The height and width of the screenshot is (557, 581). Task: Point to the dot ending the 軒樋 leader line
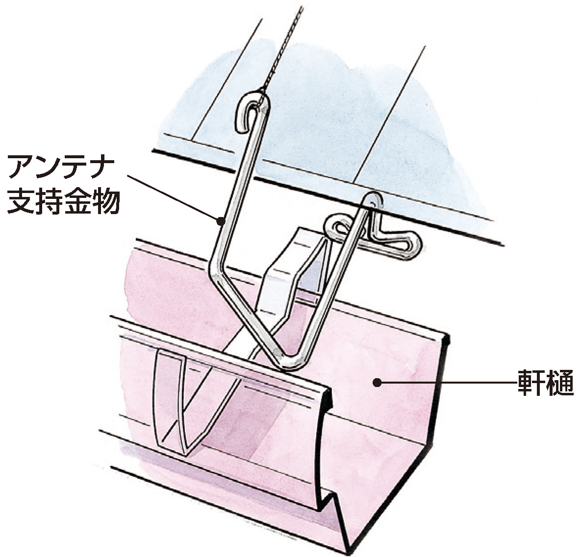(377, 383)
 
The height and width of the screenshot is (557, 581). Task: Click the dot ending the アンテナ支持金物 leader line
(221, 221)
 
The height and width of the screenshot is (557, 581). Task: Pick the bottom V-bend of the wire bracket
(293, 361)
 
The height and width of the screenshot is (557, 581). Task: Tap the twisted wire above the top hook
(283, 48)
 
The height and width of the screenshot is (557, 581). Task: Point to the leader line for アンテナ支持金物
(174, 198)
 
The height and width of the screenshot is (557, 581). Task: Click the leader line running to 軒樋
(447, 383)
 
